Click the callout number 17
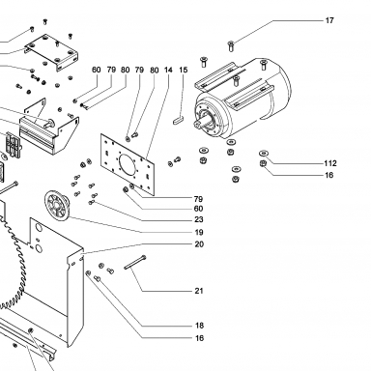(329, 20)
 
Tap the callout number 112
(330, 163)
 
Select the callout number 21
(199, 291)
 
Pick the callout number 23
(199, 219)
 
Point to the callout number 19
(199, 232)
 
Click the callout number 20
(199, 244)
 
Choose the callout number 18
(199, 326)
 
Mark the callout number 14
(168, 70)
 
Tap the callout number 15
(183, 70)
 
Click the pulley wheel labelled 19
(57, 206)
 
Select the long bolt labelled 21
(135, 263)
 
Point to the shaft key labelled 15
(178, 121)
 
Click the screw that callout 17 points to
(231, 46)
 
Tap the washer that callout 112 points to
(264, 153)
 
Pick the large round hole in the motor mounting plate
(128, 164)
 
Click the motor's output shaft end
(197, 125)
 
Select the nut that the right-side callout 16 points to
(263, 163)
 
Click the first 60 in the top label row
(97, 70)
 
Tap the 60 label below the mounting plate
(199, 209)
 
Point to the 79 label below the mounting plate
(199, 199)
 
